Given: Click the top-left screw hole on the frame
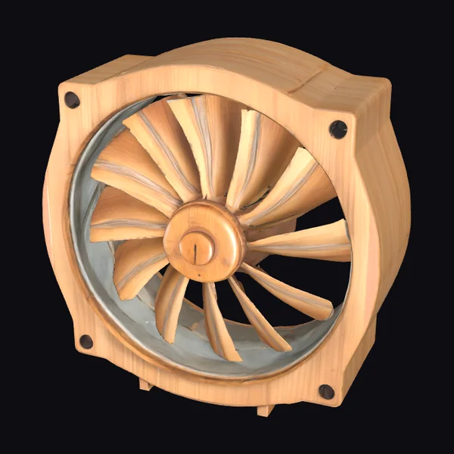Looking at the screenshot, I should [72, 100].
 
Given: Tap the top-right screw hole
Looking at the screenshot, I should [338, 129].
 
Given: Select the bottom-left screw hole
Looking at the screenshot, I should [86, 341].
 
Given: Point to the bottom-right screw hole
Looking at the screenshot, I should [326, 391].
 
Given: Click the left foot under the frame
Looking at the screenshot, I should [145, 384].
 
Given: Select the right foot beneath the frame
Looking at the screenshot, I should [264, 410].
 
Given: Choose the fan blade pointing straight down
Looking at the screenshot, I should [216, 325].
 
